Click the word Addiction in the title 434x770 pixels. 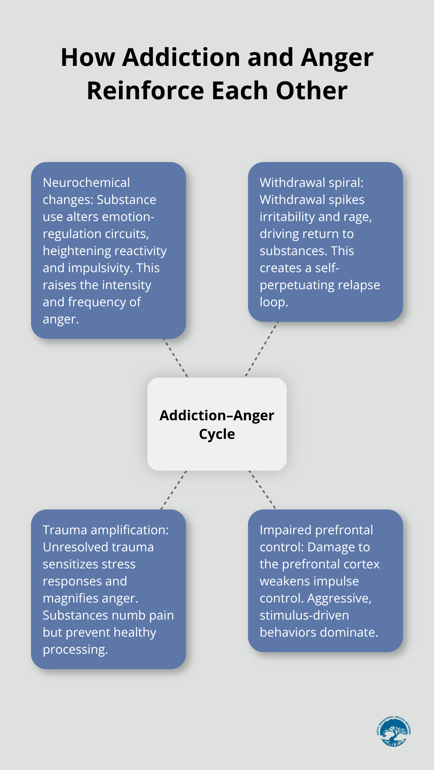pos(181,57)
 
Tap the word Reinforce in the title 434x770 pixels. pos(145,91)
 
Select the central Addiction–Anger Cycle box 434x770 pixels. pos(217,424)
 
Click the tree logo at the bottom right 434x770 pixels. pos(393,732)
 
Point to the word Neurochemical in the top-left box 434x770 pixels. pos(86,183)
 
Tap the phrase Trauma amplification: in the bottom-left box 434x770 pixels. pos(106,530)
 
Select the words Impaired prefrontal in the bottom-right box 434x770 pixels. pos(316,530)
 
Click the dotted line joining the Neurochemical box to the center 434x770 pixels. pos(176,358)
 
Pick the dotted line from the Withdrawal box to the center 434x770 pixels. pos(262,349)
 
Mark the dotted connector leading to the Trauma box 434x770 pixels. pos(174,490)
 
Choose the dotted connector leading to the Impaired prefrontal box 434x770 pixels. pos(262,489)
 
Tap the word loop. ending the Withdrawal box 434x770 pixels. pos(274,302)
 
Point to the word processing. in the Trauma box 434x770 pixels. pos(75,649)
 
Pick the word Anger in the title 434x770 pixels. pos(337,57)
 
